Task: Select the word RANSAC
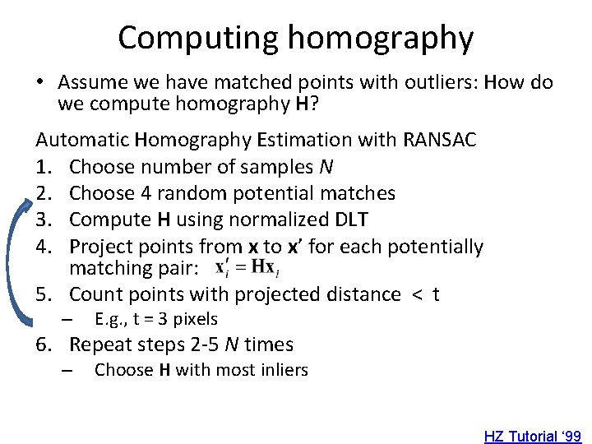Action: (x=440, y=140)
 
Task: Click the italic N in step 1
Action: (x=326, y=167)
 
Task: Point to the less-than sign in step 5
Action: (x=416, y=294)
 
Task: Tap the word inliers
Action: (x=280, y=370)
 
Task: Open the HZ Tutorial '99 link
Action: (x=532, y=436)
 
